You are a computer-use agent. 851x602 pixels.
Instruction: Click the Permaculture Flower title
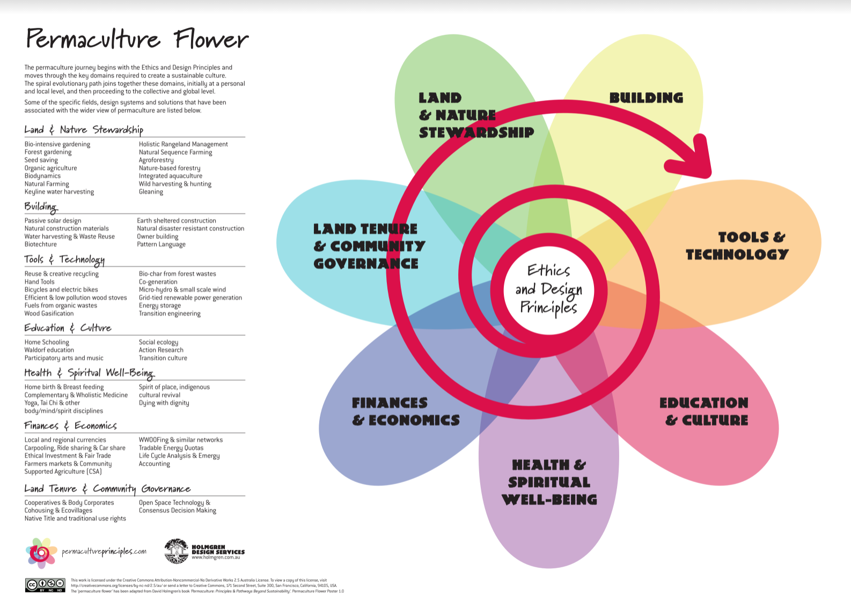137,39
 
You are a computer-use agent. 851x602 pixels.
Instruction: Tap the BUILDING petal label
646,98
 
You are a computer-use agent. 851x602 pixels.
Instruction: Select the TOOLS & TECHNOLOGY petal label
738,246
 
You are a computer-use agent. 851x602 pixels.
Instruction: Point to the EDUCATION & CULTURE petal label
703,411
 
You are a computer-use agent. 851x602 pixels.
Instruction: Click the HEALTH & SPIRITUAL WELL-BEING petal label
549,482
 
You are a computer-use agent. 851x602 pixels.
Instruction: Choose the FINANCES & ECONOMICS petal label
406,411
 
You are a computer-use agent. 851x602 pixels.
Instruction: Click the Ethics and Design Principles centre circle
548,289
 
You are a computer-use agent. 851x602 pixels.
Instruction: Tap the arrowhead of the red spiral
698,159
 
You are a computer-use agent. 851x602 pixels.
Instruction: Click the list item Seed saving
41,160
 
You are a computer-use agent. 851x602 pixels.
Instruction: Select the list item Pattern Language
161,244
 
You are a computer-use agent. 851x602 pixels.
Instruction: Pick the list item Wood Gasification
49,314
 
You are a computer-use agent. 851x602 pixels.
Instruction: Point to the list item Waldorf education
49,350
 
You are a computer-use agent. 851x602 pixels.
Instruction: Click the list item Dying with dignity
164,403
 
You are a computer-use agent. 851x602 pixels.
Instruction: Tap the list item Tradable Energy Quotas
171,448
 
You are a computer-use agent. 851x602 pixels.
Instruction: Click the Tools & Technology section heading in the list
64,259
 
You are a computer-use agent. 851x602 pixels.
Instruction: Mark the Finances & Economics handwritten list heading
70,426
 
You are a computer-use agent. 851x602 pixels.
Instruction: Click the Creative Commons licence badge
45,585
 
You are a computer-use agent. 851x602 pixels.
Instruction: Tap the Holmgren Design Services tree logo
176,551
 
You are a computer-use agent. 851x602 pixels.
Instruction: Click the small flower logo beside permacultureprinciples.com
41,552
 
